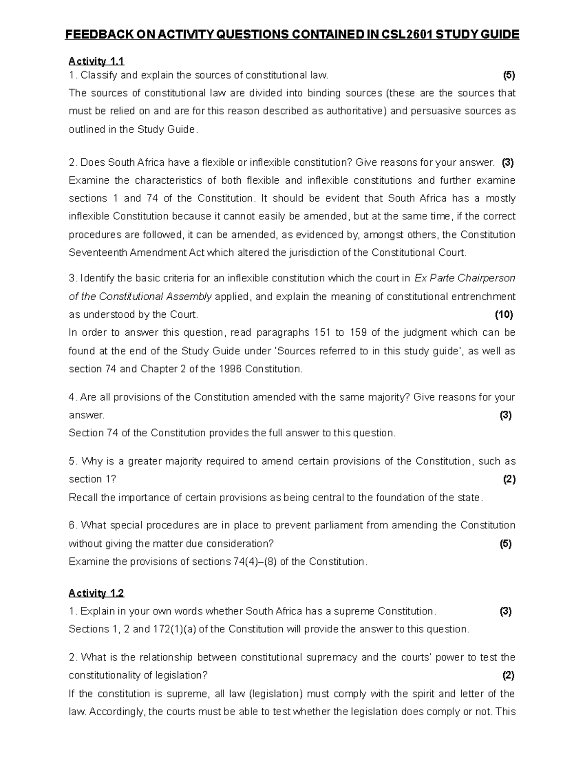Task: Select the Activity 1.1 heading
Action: [97, 61]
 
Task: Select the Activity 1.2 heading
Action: [97, 593]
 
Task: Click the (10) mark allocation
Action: [504, 315]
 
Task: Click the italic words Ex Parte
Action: [433, 278]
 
